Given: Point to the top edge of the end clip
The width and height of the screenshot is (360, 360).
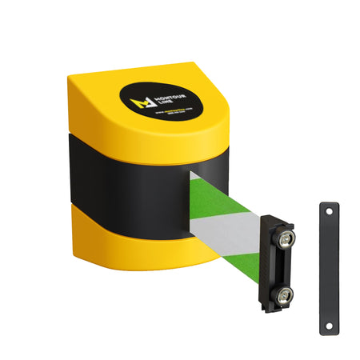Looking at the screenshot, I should [278, 224].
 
